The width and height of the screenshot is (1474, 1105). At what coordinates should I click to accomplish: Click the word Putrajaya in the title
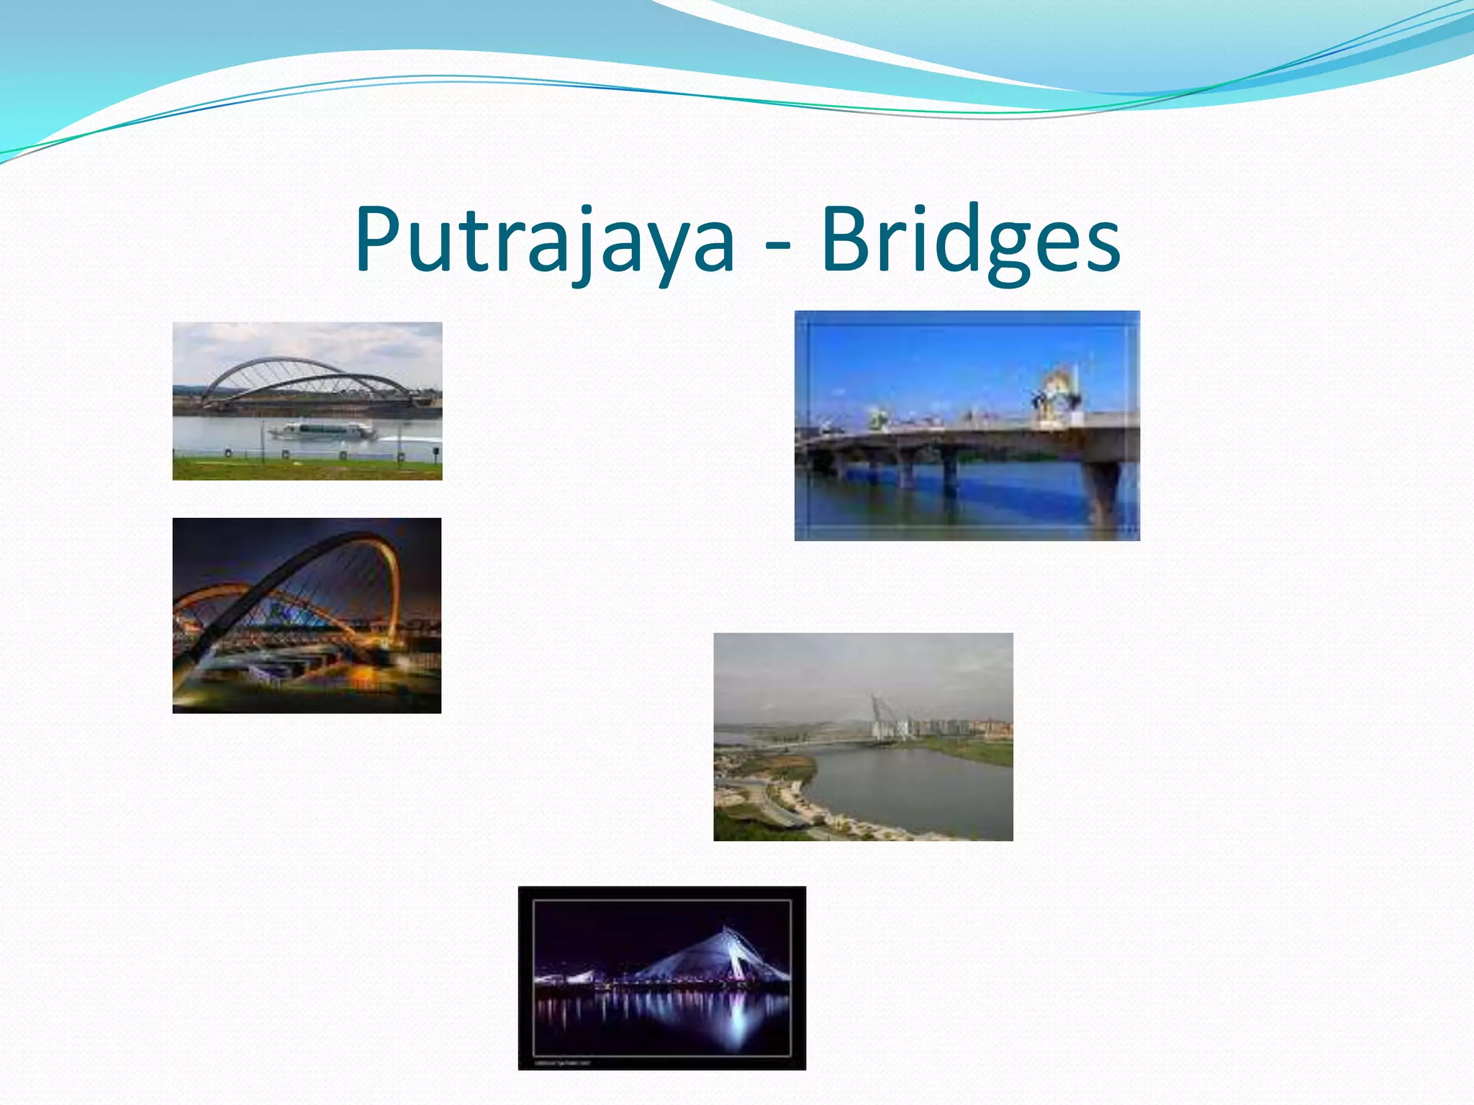pos(544,241)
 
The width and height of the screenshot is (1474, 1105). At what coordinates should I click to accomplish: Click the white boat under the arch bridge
pos(322,431)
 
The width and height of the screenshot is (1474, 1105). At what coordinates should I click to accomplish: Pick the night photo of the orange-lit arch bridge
pos(307,616)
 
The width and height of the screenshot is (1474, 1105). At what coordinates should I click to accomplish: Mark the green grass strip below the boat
pos(307,469)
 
